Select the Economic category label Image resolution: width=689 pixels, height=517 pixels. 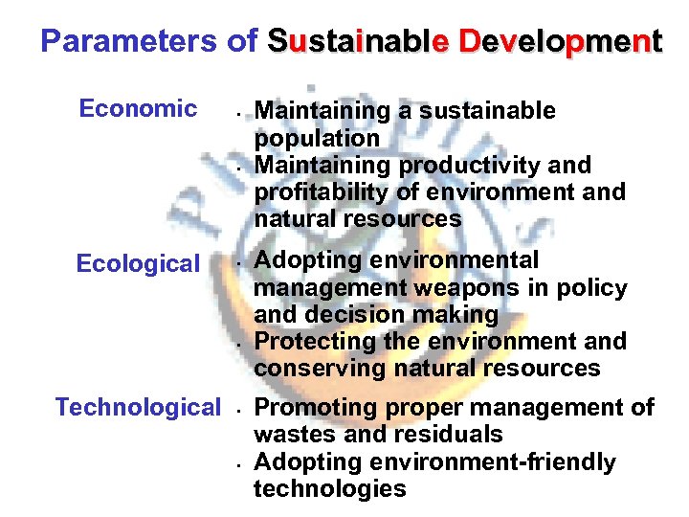138,108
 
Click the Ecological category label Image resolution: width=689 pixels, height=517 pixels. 138,263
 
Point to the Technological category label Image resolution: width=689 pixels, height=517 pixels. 138,407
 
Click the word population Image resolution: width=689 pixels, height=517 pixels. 317,139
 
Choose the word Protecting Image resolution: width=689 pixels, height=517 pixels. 311,341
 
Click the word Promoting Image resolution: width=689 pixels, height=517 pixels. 310,408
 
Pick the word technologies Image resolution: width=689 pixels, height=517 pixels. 330,489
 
